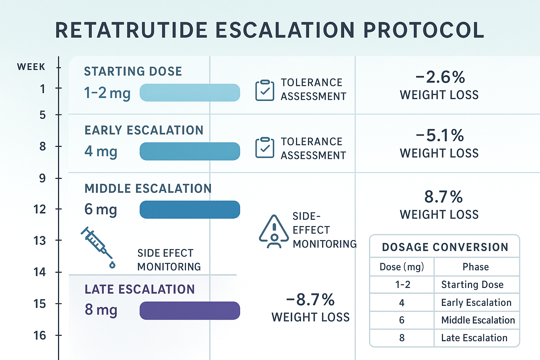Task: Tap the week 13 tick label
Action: pyautogui.click(x=39, y=240)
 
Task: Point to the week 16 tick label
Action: pyautogui.click(x=39, y=336)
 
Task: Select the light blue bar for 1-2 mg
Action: pyautogui.click(x=190, y=92)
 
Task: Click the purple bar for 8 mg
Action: pyautogui.click(x=190, y=310)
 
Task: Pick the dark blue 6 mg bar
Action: pyautogui.click(x=190, y=210)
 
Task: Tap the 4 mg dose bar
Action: pyautogui.click(x=190, y=151)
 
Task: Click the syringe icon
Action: pyautogui.click(x=98, y=247)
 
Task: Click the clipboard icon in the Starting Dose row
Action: pyautogui.click(x=265, y=90)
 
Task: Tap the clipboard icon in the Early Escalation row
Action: pyautogui.click(x=265, y=148)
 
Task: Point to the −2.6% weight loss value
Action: pyautogui.click(x=440, y=77)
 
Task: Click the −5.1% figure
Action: pyautogui.click(x=440, y=135)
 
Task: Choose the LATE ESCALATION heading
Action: pyautogui.click(x=140, y=289)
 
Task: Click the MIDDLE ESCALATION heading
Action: pyautogui.click(x=148, y=188)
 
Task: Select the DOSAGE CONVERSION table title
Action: pyautogui.click(x=445, y=247)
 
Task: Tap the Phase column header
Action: pyautogui.click(x=476, y=267)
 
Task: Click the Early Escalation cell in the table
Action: pyautogui.click(x=476, y=302)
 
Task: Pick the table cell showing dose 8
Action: pyautogui.click(x=402, y=338)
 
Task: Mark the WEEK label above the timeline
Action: pyautogui.click(x=31, y=67)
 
